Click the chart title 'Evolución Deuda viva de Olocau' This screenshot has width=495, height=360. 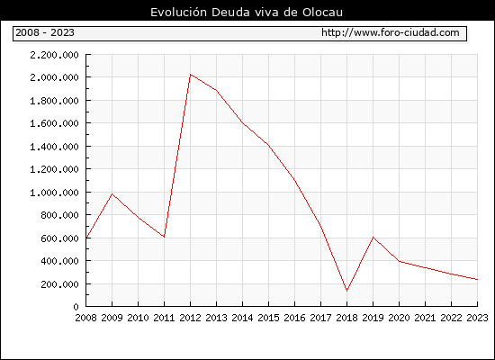(x=247, y=13)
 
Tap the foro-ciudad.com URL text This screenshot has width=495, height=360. (x=391, y=32)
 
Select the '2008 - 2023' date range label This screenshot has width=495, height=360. (x=45, y=32)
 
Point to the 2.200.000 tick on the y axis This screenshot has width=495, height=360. (x=54, y=55)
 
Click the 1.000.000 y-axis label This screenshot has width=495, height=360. (x=54, y=193)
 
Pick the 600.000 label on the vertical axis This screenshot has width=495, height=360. (x=59, y=238)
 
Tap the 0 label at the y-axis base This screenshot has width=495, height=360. (x=76, y=307)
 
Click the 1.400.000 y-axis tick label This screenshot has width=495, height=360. (x=54, y=147)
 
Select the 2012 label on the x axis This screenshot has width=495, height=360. (x=191, y=318)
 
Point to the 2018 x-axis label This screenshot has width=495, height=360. (x=346, y=318)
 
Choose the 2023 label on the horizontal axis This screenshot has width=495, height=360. (x=477, y=318)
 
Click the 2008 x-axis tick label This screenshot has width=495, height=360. (x=85, y=318)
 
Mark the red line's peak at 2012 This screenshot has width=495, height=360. (x=191, y=75)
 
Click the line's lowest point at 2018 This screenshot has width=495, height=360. (x=346, y=291)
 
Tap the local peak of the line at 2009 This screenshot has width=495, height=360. (x=112, y=193)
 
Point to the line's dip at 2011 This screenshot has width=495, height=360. (x=164, y=237)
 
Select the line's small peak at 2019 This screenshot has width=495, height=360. (x=373, y=238)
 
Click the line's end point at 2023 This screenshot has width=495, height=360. (x=477, y=280)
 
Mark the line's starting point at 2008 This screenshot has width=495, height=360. (x=86, y=238)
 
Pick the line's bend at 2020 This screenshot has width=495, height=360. (x=400, y=262)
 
